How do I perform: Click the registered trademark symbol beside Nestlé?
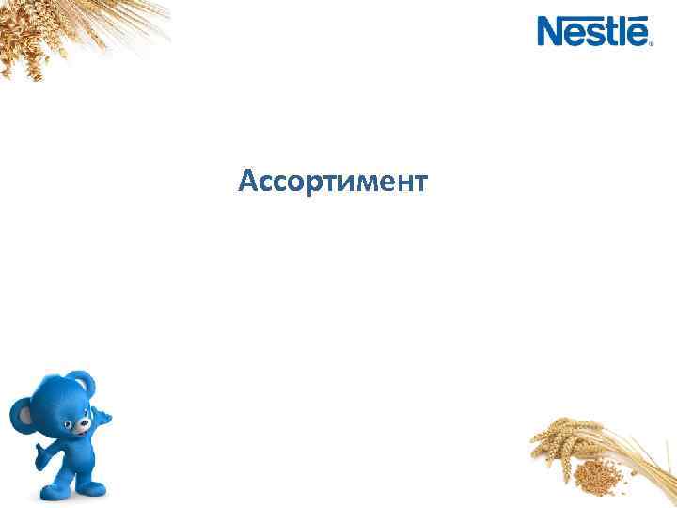[649, 42]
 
